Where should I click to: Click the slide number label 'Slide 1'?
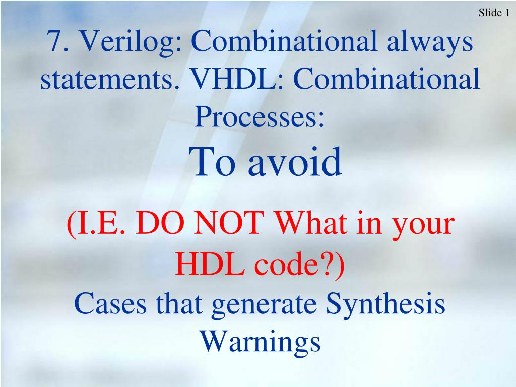click(x=493, y=13)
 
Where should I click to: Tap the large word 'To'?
click(x=214, y=162)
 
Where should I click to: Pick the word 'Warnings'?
click(x=260, y=341)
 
